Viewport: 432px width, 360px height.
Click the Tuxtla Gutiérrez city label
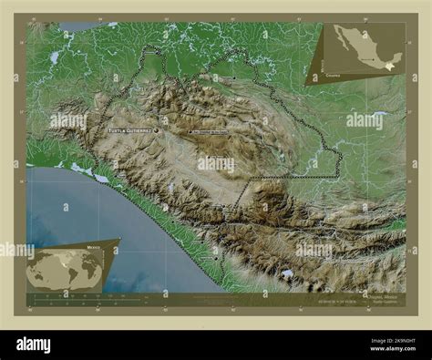(x=129, y=130)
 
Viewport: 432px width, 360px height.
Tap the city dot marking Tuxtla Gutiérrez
(x=157, y=130)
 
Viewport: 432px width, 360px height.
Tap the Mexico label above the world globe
(x=94, y=246)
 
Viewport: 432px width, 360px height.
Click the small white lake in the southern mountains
(x=288, y=273)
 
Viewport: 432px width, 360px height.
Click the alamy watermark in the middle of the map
(x=216, y=165)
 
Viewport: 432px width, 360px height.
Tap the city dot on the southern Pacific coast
(x=216, y=258)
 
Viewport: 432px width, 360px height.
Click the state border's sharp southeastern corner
(x=340, y=173)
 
